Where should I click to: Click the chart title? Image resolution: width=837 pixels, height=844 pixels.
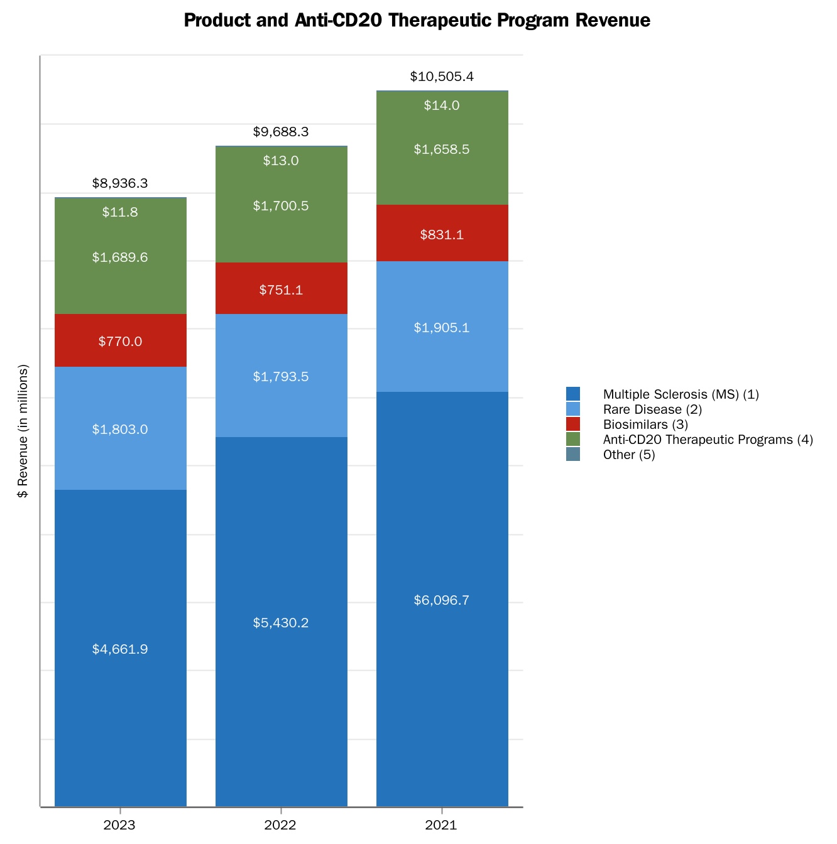417,21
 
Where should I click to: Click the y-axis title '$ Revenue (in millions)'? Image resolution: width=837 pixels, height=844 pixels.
23,431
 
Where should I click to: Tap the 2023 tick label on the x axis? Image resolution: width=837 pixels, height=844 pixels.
119,825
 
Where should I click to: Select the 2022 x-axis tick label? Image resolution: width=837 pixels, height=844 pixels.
280,825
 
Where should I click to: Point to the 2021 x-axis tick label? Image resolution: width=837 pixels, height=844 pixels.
441,825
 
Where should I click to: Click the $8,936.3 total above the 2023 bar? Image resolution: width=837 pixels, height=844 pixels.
120,183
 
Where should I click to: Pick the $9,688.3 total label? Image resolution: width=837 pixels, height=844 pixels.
281,132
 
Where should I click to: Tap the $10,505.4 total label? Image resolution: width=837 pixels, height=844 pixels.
442,77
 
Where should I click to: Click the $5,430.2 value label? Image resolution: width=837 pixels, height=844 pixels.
281,623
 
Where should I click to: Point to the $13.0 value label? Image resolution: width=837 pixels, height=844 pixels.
281,161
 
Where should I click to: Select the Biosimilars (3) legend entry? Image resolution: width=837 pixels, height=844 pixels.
645,425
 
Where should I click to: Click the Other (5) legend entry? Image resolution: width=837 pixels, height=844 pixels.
628,455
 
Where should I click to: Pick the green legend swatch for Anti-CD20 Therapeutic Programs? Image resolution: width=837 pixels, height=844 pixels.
573,440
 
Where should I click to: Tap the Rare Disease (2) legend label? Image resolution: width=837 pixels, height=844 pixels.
652,409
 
